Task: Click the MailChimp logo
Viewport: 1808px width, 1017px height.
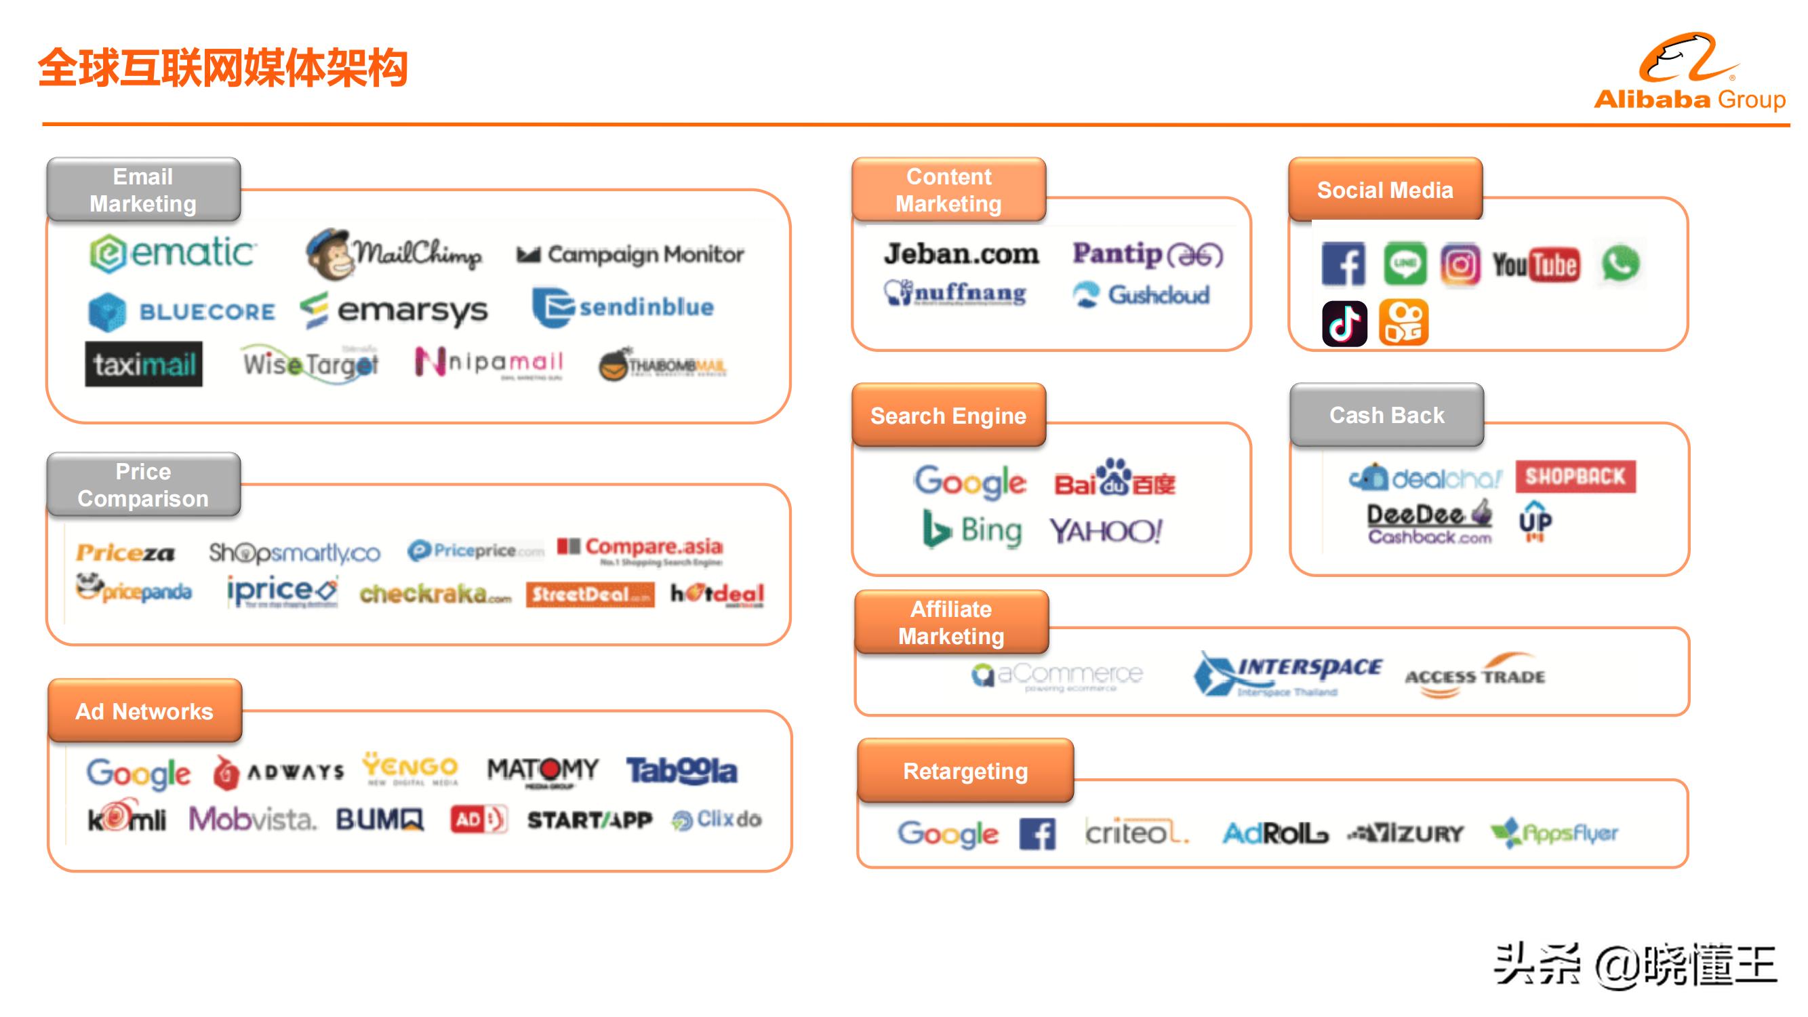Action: tap(394, 254)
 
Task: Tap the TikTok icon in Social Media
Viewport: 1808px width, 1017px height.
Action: tap(1344, 323)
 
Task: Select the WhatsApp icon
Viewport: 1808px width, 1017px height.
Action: tap(1620, 264)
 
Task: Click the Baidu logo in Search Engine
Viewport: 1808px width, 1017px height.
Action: tap(1114, 479)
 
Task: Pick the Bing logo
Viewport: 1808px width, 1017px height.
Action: tap(971, 531)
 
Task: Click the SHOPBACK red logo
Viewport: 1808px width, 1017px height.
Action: tap(1575, 477)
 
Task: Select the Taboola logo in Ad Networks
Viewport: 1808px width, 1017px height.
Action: tap(681, 771)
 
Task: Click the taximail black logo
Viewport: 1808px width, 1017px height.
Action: tap(144, 364)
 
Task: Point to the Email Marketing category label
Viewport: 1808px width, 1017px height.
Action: tap(143, 191)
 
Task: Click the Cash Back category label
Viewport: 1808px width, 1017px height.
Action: tap(1386, 416)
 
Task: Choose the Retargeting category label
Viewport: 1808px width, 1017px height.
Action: tap(965, 772)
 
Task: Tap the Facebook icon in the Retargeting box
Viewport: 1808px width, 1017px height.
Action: tap(1037, 834)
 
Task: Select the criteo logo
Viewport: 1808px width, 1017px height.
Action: tap(1136, 833)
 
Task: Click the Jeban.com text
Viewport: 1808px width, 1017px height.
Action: tap(961, 254)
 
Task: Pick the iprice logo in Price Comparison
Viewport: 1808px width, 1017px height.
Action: tap(281, 592)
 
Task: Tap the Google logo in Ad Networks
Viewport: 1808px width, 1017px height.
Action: tap(138, 773)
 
